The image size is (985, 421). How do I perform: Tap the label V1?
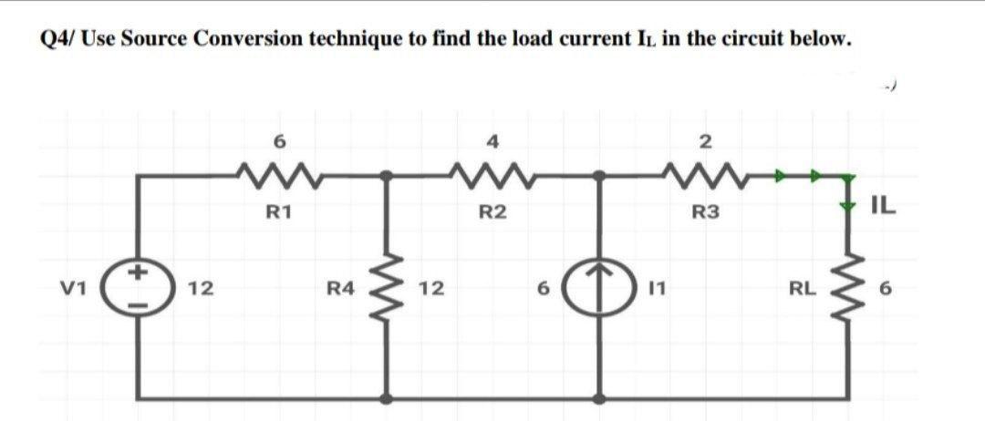click(77, 289)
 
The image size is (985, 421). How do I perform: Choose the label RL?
click(802, 290)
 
